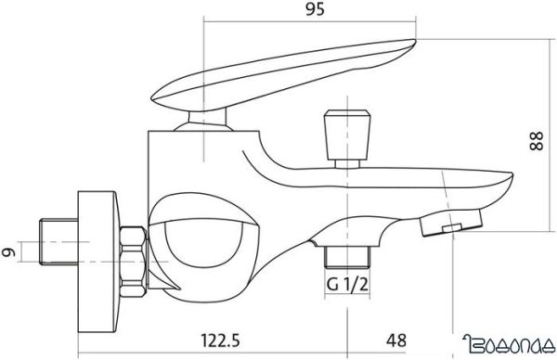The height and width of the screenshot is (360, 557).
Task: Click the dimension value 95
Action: pos(315,9)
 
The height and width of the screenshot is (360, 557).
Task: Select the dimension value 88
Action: pos(537,141)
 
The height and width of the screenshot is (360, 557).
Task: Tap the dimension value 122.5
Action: pos(220,341)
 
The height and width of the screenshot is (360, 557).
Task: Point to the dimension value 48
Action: pos(396,341)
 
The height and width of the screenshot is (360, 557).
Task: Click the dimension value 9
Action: pos(8,252)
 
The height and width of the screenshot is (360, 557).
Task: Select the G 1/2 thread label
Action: pos(347,284)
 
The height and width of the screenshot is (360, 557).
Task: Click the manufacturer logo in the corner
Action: pos(509,343)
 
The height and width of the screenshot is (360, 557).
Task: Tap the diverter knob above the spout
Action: pos(348,135)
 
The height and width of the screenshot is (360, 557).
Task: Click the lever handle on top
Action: pos(283,74)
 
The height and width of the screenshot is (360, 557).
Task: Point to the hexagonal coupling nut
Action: pos(133,262)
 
